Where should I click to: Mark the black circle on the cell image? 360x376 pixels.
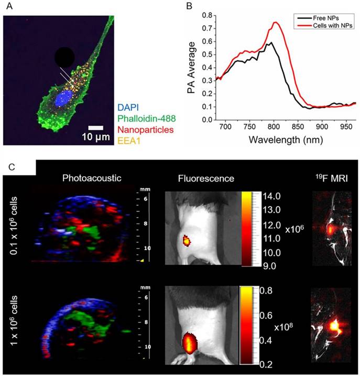point(64,57)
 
